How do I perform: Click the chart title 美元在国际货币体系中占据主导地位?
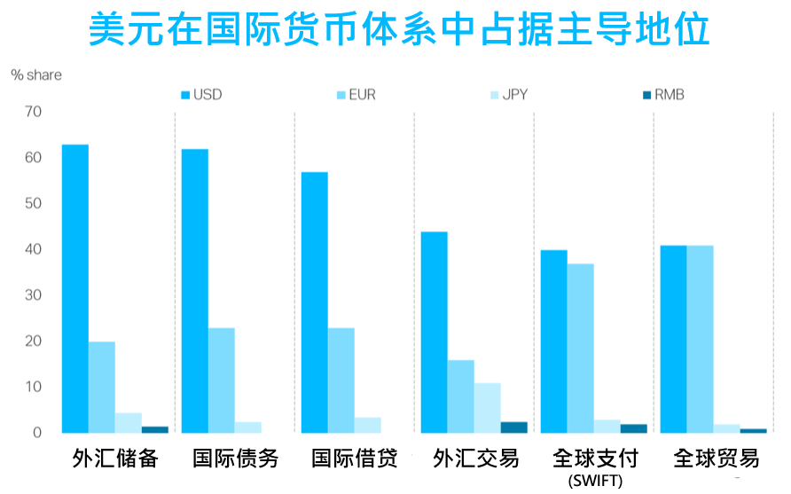click(399, 30)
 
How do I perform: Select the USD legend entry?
click(201, 95)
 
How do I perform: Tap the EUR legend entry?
click(356, 95)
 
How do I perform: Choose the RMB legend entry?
click(662, 95)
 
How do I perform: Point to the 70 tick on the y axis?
click(34, 113)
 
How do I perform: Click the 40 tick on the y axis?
click(34, 250)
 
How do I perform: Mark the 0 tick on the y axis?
click(37, 433)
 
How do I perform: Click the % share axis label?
click(36, 75)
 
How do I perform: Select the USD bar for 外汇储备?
click(75, 288)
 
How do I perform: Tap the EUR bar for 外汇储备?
click(102, 387)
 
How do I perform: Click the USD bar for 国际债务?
click(195, 291)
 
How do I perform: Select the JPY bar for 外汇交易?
click(487, 408)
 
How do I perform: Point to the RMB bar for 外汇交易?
click(513, 427)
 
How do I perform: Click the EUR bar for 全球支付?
click(581, 348)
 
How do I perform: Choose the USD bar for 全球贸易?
click(673, 339)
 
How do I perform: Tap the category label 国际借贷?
click(355, 459)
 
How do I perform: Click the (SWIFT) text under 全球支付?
click(595, 482)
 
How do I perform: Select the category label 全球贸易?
click(717, 459)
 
